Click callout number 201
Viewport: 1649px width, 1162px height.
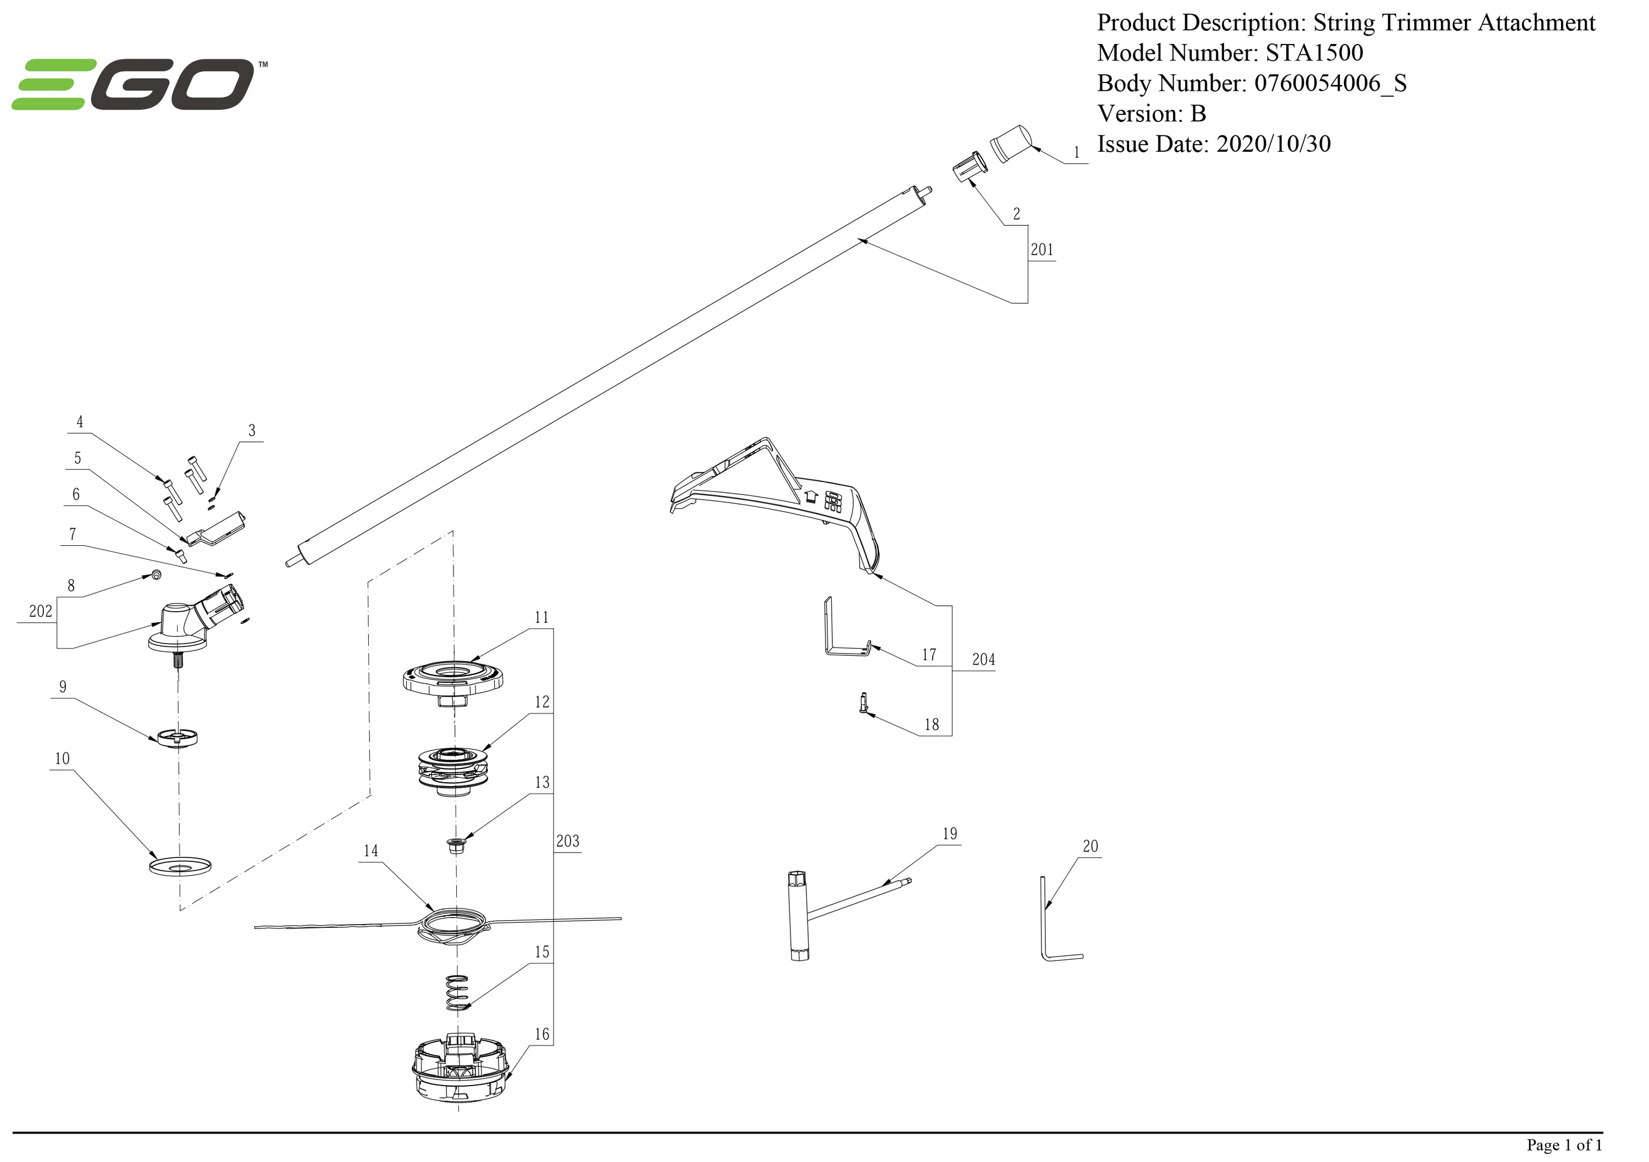(x=1042, y=250)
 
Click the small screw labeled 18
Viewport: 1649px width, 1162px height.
(x=864, y=702)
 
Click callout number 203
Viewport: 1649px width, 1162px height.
(x=567, y=841)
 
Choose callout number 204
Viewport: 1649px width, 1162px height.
(x=983, y=659)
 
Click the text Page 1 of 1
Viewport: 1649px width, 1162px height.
(x=1564, y=1145)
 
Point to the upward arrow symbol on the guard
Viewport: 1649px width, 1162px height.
(x=811, y=496)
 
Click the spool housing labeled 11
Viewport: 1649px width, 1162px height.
(x=452, y=679)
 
